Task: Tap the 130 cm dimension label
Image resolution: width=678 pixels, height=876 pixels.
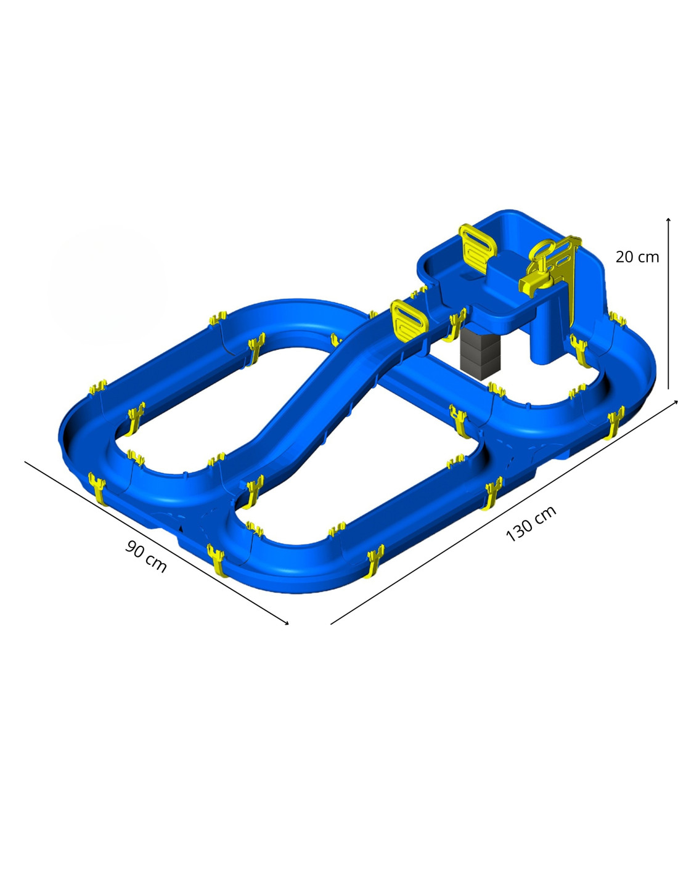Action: [531, 523]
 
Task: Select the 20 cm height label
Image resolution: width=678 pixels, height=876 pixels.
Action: [637, 257]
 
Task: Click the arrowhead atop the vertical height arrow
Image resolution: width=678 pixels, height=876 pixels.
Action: [668, 220]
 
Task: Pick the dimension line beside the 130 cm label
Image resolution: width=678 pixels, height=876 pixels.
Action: [504, 513]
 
